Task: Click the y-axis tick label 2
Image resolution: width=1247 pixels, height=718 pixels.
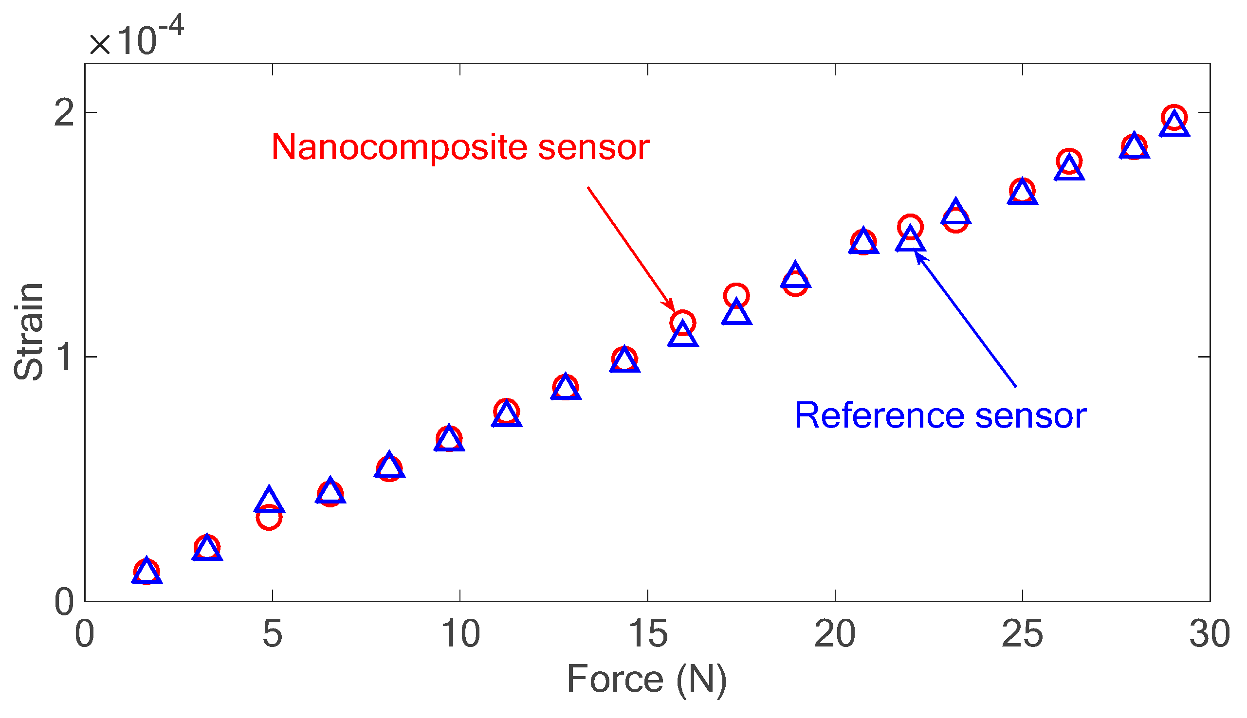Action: (x=64, y=113)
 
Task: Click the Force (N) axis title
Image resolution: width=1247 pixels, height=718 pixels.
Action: (x=647, y=680)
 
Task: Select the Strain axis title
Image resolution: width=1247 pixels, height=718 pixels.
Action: (x=29, y=332)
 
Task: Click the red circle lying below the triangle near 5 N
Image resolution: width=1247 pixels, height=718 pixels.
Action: (x=269, y=517)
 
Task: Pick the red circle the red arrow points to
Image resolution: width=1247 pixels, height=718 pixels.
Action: (x=683, y=323)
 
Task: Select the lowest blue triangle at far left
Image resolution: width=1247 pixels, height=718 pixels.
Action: (x=147, y=572)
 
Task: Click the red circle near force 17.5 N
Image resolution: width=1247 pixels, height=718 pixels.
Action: (x=736, y=296)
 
